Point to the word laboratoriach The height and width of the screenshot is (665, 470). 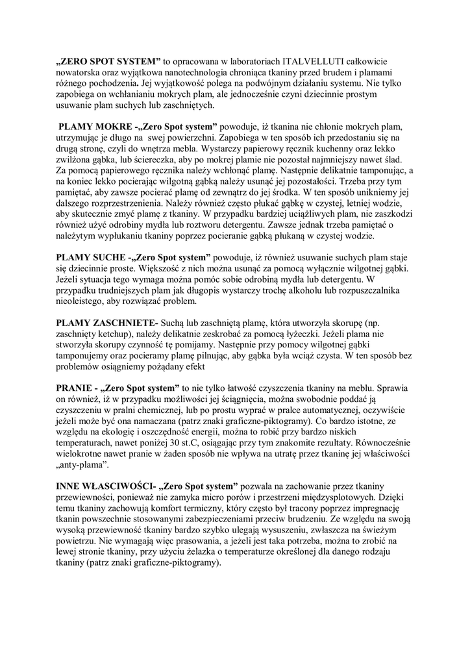(236, 62)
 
